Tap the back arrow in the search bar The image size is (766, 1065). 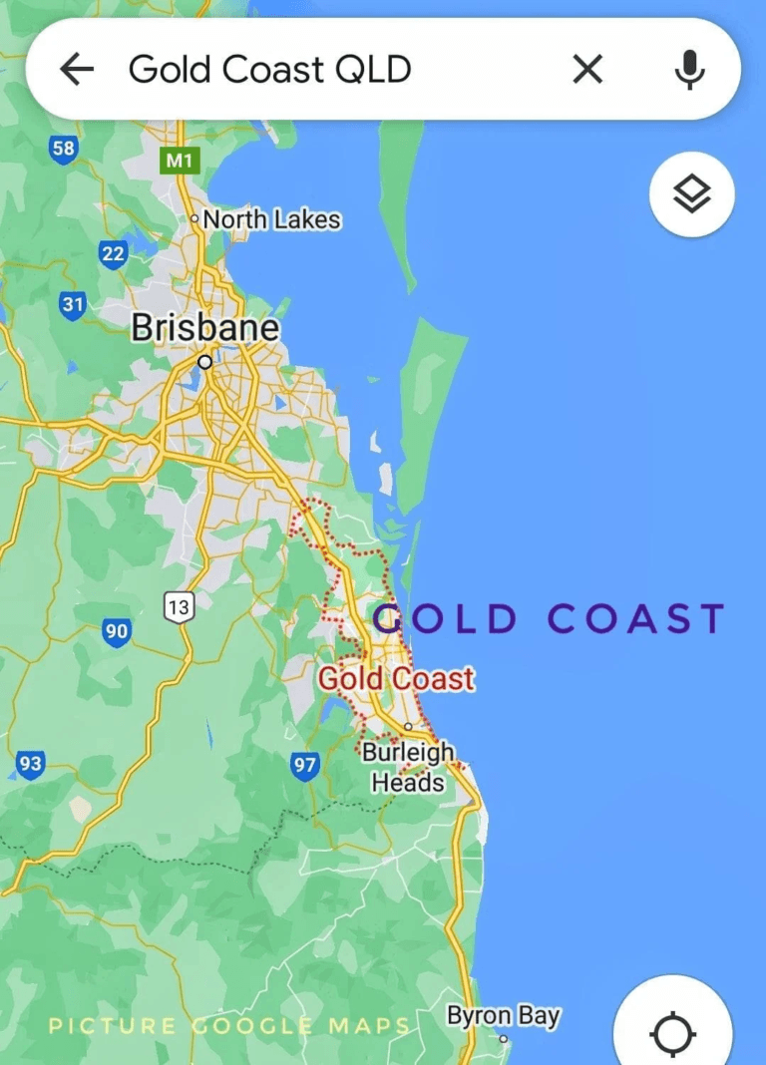pos(77,69)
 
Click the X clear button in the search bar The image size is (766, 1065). pos(587,69)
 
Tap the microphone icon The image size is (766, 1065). pos(688,69)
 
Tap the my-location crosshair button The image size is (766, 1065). pos(673,1033)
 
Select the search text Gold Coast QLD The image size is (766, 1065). pos(269,70)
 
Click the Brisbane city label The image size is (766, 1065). pos(205,328)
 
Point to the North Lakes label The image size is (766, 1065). pos(271,219)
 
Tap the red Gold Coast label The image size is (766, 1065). pos(396,679)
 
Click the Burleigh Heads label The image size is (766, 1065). pos(408,767)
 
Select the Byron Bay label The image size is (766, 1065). pos(503,1017)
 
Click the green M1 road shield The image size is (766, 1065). pos(180,160)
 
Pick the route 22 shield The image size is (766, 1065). pos(113,254)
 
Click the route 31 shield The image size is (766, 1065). pos(72,304)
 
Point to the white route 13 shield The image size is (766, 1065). pos(180,606)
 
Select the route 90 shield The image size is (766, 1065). pos(117,631)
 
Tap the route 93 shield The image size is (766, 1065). pos(31,765)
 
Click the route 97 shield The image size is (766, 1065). pos(305,766)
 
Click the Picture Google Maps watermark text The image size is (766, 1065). pos(229,1025)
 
